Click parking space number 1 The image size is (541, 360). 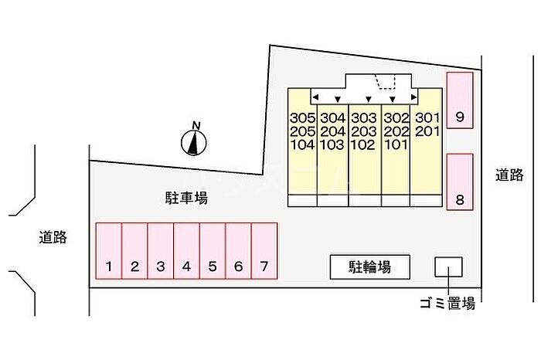pos(109,251)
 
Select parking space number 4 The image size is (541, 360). pos(187,251)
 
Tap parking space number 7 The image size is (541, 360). pos(264,251)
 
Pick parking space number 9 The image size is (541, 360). pos(460,100)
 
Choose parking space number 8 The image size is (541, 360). pos(460,182)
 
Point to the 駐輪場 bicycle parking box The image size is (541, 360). pos(370,267)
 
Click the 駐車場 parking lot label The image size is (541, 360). pos(186,198)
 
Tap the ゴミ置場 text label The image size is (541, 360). pos(447,304)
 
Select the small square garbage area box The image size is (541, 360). pos(448,267)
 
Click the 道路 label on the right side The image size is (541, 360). pos(509,175)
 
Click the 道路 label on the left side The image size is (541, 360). pos(53,237)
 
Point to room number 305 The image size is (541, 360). pos(303,118)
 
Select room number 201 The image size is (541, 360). pos(427,131)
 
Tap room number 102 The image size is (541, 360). pos(362,144)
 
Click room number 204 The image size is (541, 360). pos(332,131)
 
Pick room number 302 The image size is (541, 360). pos(396,118)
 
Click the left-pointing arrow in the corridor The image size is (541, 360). pos(315,97)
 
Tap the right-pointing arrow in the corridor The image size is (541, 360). pos(414,97)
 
